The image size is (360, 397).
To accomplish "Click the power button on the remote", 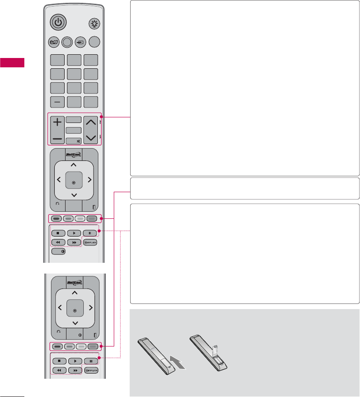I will point(57,23).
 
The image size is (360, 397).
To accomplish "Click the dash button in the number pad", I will point(57,102).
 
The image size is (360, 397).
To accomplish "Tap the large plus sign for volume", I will point(57,123).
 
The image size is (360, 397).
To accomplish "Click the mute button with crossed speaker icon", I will point(74,140).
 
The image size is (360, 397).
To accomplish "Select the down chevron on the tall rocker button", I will point(91,138).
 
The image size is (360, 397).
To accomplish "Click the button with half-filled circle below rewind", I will point(59,251).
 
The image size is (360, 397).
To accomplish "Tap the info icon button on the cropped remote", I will point(74,333).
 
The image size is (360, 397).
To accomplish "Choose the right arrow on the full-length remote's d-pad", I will point(89,179).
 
